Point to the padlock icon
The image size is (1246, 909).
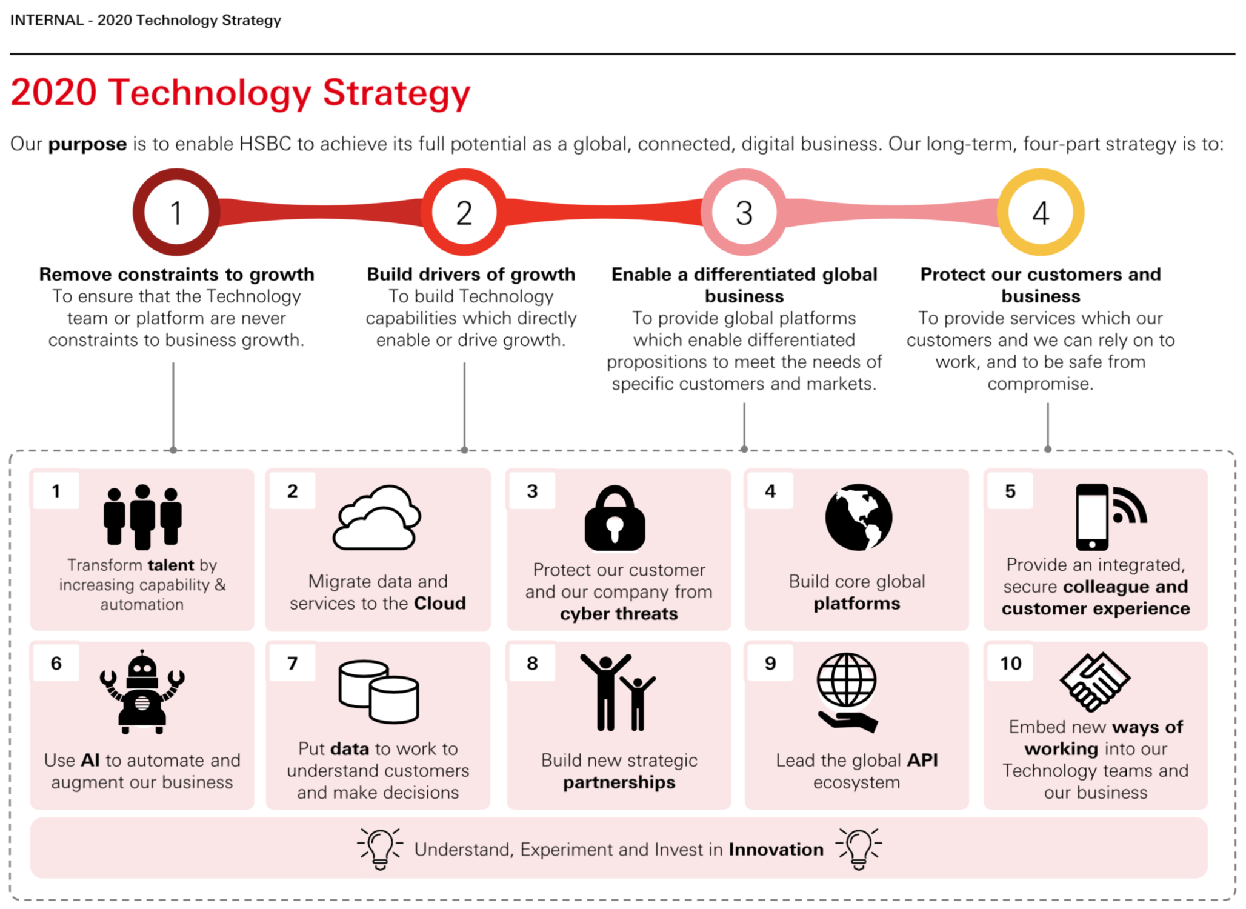[615, 519]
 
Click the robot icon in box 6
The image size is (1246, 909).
[142, 692]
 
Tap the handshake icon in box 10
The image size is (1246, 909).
[1094, 681]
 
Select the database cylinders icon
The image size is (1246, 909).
[379, 691]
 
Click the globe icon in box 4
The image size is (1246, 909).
[858, 517]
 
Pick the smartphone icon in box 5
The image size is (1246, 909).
[1092, 517]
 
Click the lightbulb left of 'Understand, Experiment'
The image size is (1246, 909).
[380, 848]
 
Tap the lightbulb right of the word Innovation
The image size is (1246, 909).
[859, 848]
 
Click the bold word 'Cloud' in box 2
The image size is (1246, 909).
[440, 603]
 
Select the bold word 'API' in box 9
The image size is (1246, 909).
[922, 760]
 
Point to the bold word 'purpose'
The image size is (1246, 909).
[88, 144]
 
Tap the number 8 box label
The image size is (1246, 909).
[532, 663]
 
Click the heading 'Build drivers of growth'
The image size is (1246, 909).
[471, 274]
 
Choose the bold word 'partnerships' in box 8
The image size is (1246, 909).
[619, 782]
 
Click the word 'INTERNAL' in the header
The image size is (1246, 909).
[47, 20]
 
